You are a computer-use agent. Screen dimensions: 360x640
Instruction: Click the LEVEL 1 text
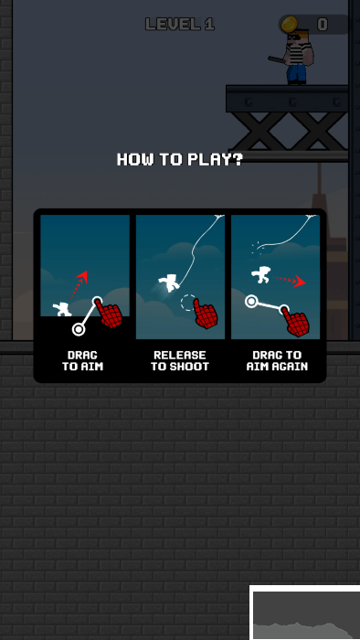pyautogui.click(x=180, y=25)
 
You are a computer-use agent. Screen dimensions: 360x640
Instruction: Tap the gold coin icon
pyautogui.click(x=289, y=24)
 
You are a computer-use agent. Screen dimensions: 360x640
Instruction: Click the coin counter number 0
pyautogui.click(x=323, y=25)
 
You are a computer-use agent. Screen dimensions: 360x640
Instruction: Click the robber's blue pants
pyautogui.click(x=296, y=73)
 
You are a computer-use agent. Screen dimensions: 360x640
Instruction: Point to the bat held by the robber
pyautogui.click(x=280, y=60)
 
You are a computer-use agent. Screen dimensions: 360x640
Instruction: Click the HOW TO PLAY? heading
pyautogui.click(x=180, y=159)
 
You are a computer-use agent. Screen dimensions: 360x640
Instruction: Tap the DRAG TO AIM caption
pyautogui.click(x=83, y=361)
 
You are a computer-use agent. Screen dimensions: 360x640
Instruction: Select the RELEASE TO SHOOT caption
pyautogui.click(x=180, y=361)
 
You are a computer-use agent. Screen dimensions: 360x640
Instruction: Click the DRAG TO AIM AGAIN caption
pyautogui.click(x=277, y=361)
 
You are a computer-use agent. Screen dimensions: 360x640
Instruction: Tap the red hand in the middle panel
pyautogui.click(x=205, y=314)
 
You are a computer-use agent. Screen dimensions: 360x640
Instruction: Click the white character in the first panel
pyautogui.click(x=62, y=309)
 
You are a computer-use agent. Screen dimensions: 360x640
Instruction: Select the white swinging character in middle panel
pyautogui.click(x=169, y=283)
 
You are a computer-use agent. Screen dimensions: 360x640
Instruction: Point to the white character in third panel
pyautogui.click(x=261, y=274)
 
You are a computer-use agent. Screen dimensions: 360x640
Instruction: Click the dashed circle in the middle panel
pyautogui.click(x=188, y=303)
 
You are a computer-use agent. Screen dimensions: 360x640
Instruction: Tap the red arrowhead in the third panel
pyautogui.click(x=300, y=282)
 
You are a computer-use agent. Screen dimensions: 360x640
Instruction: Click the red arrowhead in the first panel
pyautogui.click(x=81, y=278)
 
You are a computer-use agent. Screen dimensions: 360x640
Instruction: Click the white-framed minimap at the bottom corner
pyautogui.click(x=304, y=613)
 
